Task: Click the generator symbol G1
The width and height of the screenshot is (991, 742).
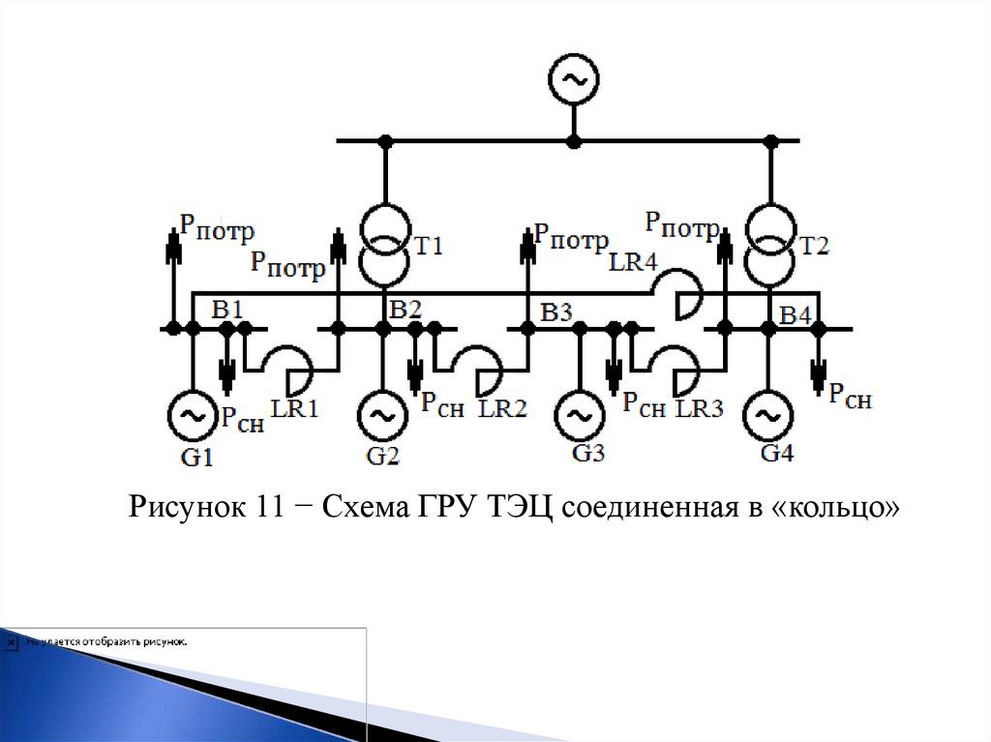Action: point(192,417)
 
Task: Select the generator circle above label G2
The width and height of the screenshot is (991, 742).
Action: point(383,417)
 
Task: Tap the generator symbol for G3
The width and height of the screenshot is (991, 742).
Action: point(579,417)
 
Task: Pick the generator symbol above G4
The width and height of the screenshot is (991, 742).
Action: point(767,417)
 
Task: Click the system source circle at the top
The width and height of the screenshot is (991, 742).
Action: point(573,81)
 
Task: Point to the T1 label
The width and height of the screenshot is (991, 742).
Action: point(429,247)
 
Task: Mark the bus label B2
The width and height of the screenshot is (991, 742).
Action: point(405,310)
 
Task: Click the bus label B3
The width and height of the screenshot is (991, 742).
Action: point(557,312)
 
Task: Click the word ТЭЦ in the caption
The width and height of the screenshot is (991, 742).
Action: point(513,506)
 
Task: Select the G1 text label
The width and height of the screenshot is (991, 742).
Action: point(196,457)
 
